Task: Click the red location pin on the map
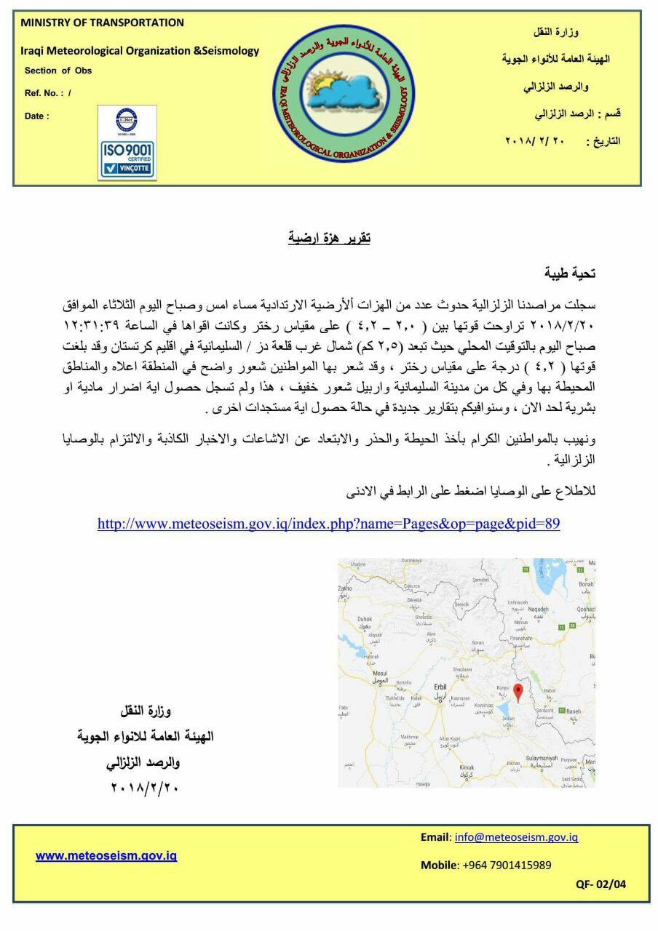518,692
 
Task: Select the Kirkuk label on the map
467,767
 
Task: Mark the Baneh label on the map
574,711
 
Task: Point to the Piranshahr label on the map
520,637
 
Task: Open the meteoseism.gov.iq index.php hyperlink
328,524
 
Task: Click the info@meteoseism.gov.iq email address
516,837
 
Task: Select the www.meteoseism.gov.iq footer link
106,855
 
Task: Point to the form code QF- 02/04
600,884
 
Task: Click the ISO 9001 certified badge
127,143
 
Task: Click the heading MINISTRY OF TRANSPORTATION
102,23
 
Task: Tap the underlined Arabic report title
329,238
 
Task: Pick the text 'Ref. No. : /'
48,93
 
